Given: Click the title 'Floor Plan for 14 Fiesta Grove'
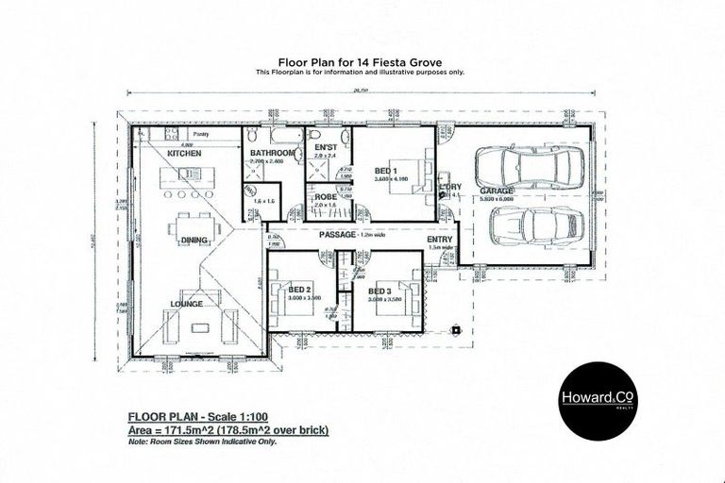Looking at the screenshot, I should click(362, 59).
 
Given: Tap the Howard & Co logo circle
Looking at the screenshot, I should click(595, 401).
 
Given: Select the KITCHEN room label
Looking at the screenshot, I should click(185, 153).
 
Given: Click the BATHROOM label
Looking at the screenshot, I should click(272, 152).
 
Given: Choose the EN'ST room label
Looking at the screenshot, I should click(325, 149).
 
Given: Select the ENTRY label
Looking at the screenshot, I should click(440, 240).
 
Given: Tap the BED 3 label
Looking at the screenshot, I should click(380, 291).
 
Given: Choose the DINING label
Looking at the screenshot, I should click(194, 241).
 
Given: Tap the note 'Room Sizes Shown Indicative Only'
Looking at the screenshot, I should click(214, 441).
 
